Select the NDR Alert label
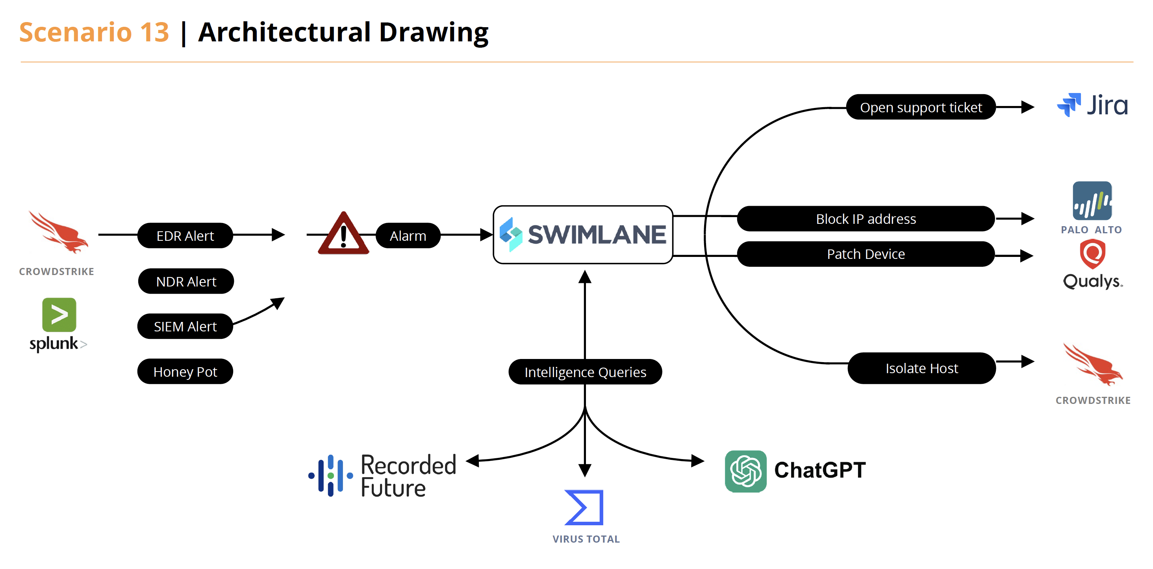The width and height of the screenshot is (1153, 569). pyautogui.click(x=186, y=281)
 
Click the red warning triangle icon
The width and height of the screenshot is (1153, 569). pyautogui.click(x=343, y=234)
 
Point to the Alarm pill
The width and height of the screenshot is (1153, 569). pyautogui.click(x=408, y=236)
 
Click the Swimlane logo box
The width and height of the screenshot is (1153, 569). pyautogui.click(x=583, y=235)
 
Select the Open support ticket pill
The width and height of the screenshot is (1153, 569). pyautogui.click(x=921, y=108)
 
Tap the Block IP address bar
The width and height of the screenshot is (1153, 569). pyautogui.click(x=866, y=219)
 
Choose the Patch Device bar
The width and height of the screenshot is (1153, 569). pyautogui.click(x=866, y=254)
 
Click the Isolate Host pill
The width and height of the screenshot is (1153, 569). pyautogui.click(x=921, y=368)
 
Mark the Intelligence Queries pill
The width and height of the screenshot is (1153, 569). pyautogui.click(x=585, y=372)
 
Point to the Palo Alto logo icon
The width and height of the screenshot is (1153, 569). pyautogui.click(x=1092, y=201)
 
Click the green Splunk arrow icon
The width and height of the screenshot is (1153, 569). pyautogui.click(x=59, y=314)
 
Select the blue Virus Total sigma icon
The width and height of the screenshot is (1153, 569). pyautogui.click(x=584, y=507)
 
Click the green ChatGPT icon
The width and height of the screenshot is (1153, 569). pyautogui.click(x=745, y=471)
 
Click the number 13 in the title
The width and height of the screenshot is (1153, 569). pyautogui.click(x=154, y=32)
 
